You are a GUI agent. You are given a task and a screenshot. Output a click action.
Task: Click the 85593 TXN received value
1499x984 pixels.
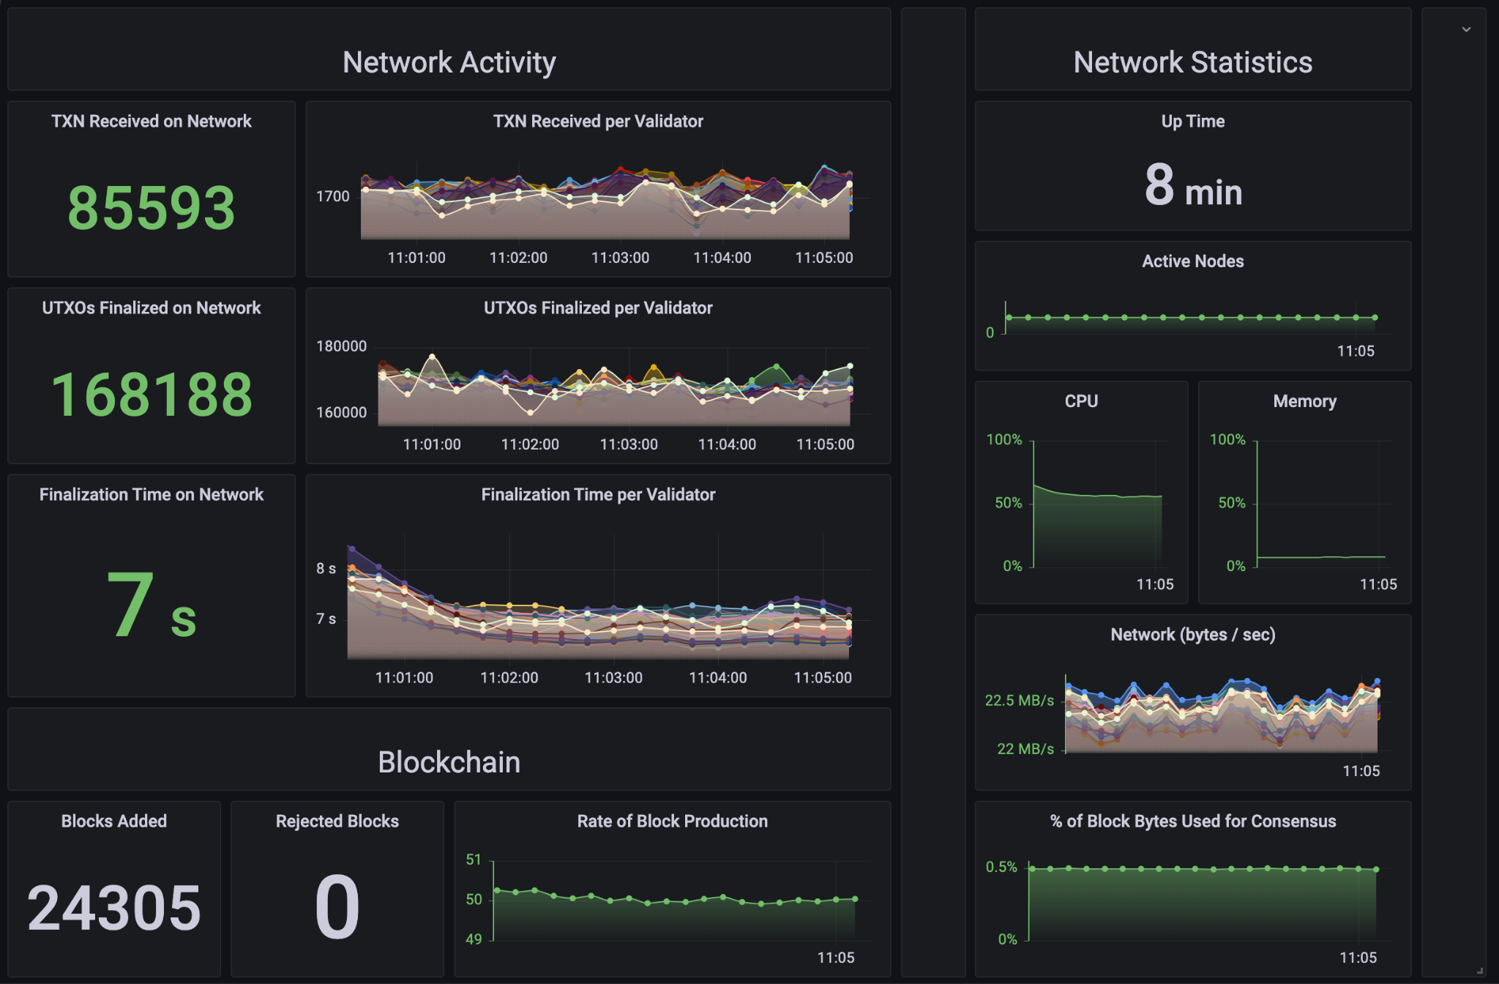152,208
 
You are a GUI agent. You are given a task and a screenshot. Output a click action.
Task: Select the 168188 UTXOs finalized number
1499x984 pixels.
152,395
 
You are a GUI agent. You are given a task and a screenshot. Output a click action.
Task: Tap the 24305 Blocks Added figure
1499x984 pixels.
114,908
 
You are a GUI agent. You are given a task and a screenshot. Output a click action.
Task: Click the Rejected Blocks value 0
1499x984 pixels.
337,908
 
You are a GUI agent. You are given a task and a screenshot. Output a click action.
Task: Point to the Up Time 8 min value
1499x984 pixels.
1193,186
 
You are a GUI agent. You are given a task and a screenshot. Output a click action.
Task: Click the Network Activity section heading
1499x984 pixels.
449,62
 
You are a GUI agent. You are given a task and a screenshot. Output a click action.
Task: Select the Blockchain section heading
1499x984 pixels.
449,762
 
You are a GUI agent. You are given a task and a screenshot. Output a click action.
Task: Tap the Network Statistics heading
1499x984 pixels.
1192,62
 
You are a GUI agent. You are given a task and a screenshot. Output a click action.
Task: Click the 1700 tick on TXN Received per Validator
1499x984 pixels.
333,196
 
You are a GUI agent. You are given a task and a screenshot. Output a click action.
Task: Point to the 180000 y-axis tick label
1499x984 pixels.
341,346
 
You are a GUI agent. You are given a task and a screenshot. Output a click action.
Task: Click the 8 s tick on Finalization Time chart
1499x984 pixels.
326,568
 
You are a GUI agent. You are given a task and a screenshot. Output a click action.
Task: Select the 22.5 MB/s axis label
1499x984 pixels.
1019,701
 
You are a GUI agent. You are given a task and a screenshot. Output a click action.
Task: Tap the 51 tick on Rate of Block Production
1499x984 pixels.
474,860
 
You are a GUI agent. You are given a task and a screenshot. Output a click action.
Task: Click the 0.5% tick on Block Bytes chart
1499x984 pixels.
1001,867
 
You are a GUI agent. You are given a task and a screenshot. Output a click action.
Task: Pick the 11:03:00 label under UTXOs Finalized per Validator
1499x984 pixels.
629,444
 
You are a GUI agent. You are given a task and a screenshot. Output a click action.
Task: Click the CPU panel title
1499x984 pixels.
1081,401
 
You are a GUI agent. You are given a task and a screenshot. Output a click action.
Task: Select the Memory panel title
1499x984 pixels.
1304,401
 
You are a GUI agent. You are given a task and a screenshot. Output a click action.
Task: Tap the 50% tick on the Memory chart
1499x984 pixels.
1231,503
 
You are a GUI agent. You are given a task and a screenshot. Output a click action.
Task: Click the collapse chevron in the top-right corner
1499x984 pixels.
1466,30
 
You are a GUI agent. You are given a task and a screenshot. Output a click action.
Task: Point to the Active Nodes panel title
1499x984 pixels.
1192,261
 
